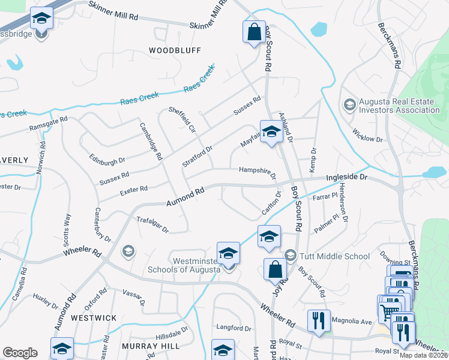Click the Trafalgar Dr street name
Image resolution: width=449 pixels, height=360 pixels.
152,224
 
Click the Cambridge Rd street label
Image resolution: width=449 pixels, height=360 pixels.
151,141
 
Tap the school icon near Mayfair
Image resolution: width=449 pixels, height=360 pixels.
271,131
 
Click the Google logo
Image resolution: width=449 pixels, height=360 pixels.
20,353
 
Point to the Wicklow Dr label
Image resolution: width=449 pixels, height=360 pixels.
367,135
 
